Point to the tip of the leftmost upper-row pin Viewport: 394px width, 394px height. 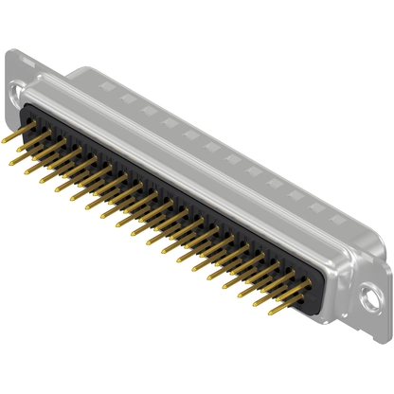(x=5, y=139)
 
